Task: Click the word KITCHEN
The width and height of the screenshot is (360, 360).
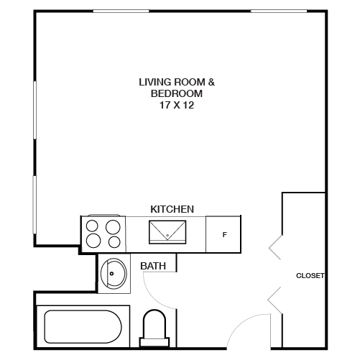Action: coord(172,209)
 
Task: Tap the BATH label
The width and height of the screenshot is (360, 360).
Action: coord(153,266)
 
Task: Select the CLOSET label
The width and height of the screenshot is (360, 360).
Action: coord(310,275)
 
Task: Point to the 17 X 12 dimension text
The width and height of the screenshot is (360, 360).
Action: coord(177,105)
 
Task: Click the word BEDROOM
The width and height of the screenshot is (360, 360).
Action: coord(177,93)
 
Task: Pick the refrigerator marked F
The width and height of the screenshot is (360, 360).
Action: coord(224,235)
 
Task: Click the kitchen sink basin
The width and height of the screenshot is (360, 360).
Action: coord(167,231)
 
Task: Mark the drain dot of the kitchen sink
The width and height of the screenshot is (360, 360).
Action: coord(167,236)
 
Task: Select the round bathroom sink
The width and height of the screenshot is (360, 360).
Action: coord(112,274)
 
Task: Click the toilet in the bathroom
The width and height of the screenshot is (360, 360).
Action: coord(154,327)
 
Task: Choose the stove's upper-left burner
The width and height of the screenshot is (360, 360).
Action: coord(93,224)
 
